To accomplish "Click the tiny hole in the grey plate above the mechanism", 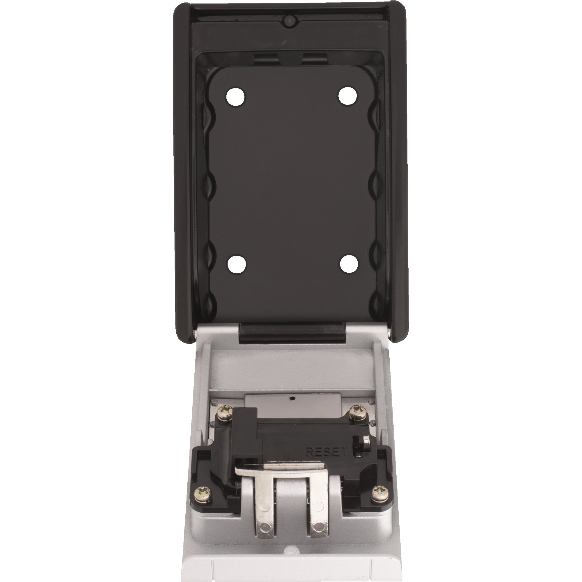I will (x=292, y=398).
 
